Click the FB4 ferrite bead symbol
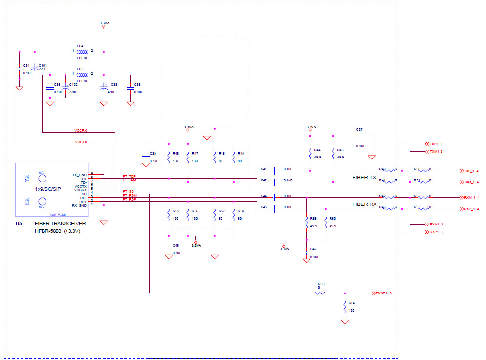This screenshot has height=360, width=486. [83, 51]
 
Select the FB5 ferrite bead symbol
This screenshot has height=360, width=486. [83, 75]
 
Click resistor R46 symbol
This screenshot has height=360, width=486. [169, 157]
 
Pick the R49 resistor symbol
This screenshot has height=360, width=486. [234, 157]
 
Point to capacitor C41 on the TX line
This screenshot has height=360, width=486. [274, 171]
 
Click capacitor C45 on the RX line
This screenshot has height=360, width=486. [274, 209]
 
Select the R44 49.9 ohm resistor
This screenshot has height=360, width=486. [310, 154]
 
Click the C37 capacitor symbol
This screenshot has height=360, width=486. [359, 136]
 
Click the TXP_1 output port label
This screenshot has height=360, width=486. [471, 171]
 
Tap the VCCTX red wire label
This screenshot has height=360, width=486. [81, 142]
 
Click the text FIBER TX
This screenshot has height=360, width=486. [364, 178]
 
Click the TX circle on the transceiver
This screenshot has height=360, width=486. [42, 180]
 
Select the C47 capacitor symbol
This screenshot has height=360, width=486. [307, 253]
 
